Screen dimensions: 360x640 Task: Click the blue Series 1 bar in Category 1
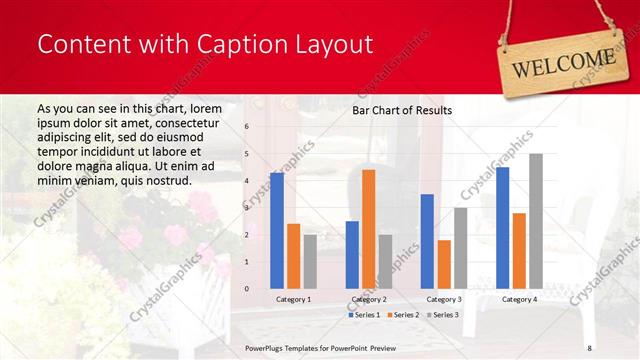277,231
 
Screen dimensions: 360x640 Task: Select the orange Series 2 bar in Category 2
369,229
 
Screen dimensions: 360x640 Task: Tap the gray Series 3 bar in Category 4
536,221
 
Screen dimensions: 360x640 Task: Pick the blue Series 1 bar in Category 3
427,241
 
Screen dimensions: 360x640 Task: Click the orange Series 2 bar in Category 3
444,264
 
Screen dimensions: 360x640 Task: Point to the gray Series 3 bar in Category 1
310,261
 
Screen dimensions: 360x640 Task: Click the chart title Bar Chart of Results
402,110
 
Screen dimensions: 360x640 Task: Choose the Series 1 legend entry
363,315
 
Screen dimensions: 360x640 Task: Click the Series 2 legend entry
402,315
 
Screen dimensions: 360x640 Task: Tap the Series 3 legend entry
442,315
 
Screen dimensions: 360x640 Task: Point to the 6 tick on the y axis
246,127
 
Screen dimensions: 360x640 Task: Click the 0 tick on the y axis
246,288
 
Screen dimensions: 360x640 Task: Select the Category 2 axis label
368,299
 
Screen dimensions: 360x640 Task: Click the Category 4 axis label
519,299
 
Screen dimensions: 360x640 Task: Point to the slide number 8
589,347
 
